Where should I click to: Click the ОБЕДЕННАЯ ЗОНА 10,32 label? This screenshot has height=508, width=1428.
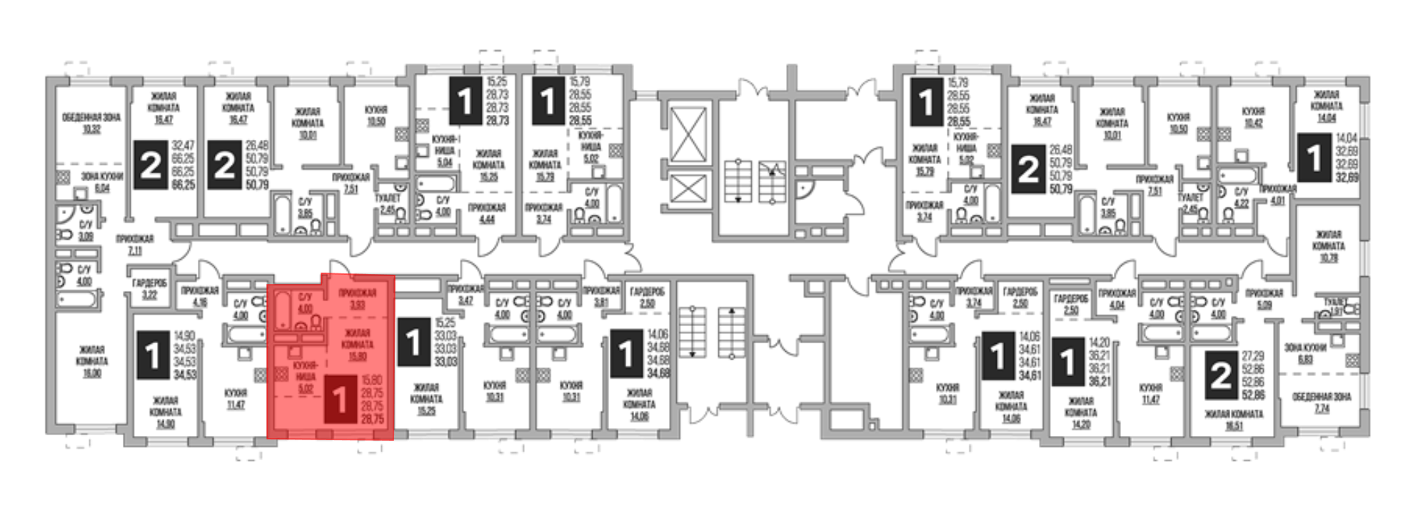[91, 123]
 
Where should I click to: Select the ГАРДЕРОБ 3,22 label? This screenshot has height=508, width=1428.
[149, 288]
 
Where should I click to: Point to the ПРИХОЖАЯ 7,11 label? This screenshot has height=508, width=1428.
[135, 245]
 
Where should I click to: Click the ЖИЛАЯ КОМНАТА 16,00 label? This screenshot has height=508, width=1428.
[91, 361]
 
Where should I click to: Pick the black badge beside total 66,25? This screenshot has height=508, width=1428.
[151, 166]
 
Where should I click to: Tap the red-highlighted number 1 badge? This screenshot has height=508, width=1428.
[341, 400]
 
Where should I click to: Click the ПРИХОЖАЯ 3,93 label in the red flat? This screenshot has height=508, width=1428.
[357, 298]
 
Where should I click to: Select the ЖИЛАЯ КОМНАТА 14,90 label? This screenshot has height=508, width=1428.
[165, 412]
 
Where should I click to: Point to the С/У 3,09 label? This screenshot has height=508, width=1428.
[86, 230]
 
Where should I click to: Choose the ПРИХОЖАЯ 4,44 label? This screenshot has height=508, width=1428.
[487, 213]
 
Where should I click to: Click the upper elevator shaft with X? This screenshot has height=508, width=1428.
[688, 136]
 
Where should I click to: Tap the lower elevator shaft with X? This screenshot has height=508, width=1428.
[688, 190]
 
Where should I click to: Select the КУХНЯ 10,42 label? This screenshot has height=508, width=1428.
[1253, 117]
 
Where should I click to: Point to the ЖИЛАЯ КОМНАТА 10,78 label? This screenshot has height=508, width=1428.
[1328, 245]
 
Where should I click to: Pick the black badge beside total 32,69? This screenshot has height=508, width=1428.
[1314, 160]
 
